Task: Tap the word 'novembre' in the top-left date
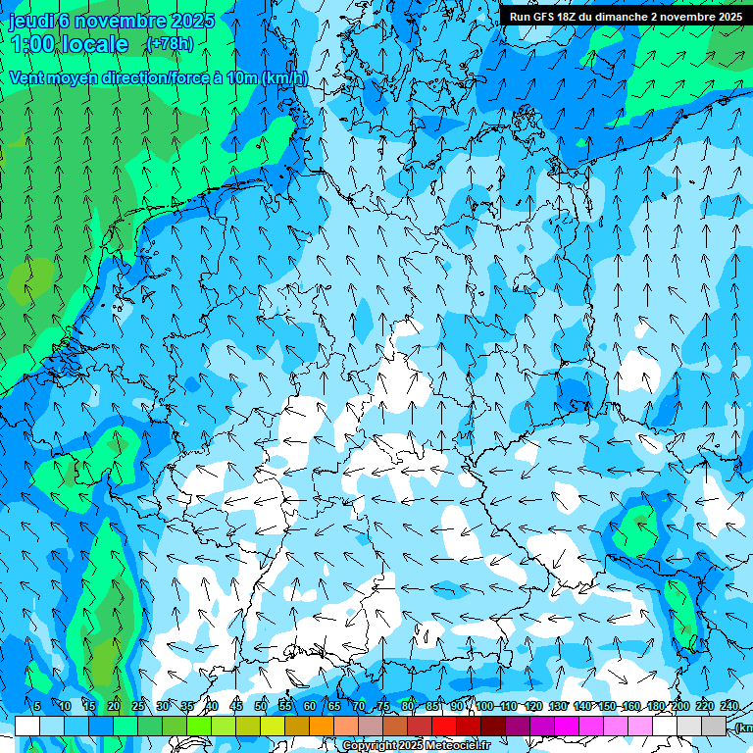(117, 21)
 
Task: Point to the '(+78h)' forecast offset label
(170, 44)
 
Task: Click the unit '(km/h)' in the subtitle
(284, 77)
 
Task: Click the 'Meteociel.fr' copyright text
(460, 746)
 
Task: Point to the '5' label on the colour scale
(37, 707)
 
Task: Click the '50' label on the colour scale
(261, 707)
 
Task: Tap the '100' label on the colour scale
(483, 707)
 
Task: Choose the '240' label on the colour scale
(729, 707)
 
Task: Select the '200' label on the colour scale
(680, 707)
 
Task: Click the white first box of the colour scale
(27, 726)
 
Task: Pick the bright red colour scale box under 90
(444, 726)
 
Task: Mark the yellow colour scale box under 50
(248, 726)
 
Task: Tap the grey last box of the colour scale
(714, 726)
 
